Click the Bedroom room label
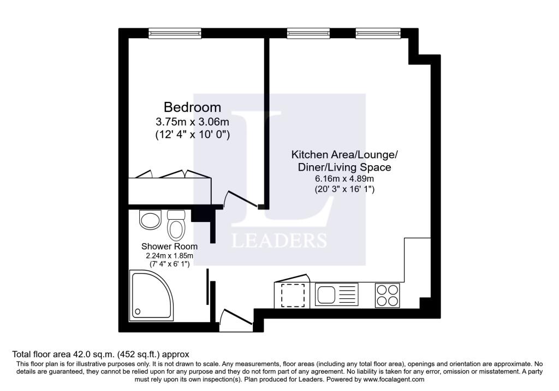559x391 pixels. click(192, 107)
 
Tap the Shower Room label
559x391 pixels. click(169, 246)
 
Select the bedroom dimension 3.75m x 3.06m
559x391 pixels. click(192, 122)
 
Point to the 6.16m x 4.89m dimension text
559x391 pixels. click(344, 178)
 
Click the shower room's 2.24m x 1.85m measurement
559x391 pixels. click(169, 256)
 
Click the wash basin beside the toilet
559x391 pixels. click(150, 219)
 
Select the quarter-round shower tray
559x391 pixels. click(152, 296)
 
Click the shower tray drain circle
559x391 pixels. click(138, 311)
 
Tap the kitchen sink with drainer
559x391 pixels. click(336, 294)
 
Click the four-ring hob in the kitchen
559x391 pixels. click(388, 295)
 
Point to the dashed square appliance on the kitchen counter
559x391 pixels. click(293, 295)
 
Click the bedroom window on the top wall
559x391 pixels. click(175, 33)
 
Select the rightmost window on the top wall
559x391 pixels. click(378, 33)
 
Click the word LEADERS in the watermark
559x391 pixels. click(279, 240)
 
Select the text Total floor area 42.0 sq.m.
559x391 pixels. click(63, 354)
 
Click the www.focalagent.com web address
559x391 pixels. click(394, 380)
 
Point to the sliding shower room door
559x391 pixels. click(208, 287)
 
